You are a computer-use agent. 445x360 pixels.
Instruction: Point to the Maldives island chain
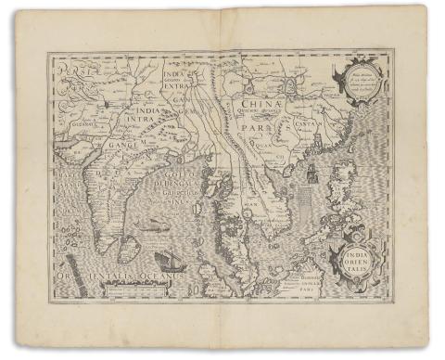pyautogui.click(x=78, y=251)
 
